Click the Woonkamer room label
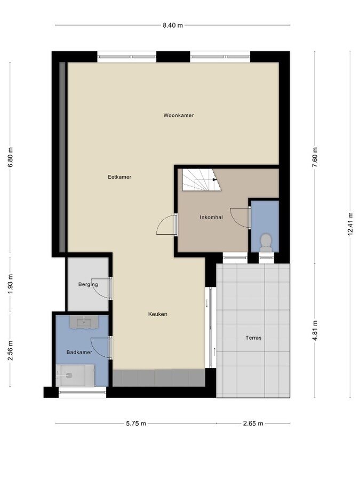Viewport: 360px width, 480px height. click(x=179, y=115)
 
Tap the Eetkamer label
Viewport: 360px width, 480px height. click(x=119, y=177)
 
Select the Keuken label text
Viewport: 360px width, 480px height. click(x=158, y=314)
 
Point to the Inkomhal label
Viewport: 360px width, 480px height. click(x=211, y=218)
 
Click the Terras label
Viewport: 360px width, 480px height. click(x=253, y=338)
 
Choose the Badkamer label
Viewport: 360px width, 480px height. click(x=79, y=353)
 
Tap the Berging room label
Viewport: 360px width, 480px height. click(x=88, y=284)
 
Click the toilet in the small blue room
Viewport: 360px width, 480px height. click(x=266, y=243)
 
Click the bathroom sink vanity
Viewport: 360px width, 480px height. click(x=84, y=322)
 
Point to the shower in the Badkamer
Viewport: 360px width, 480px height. click(x=75, y=375)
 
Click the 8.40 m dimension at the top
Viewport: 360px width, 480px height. click(x=173, y=26)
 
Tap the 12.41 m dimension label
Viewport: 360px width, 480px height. click(x=350, y=224)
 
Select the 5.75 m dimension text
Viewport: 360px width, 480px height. click(x=136, y=423)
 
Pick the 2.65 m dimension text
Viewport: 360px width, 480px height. click(x=253, y=423)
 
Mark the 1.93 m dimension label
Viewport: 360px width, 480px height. click(x=11, y=284)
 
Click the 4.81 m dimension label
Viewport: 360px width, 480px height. click(x=315, y=331)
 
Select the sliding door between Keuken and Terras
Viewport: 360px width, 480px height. click(x=211, y=327)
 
